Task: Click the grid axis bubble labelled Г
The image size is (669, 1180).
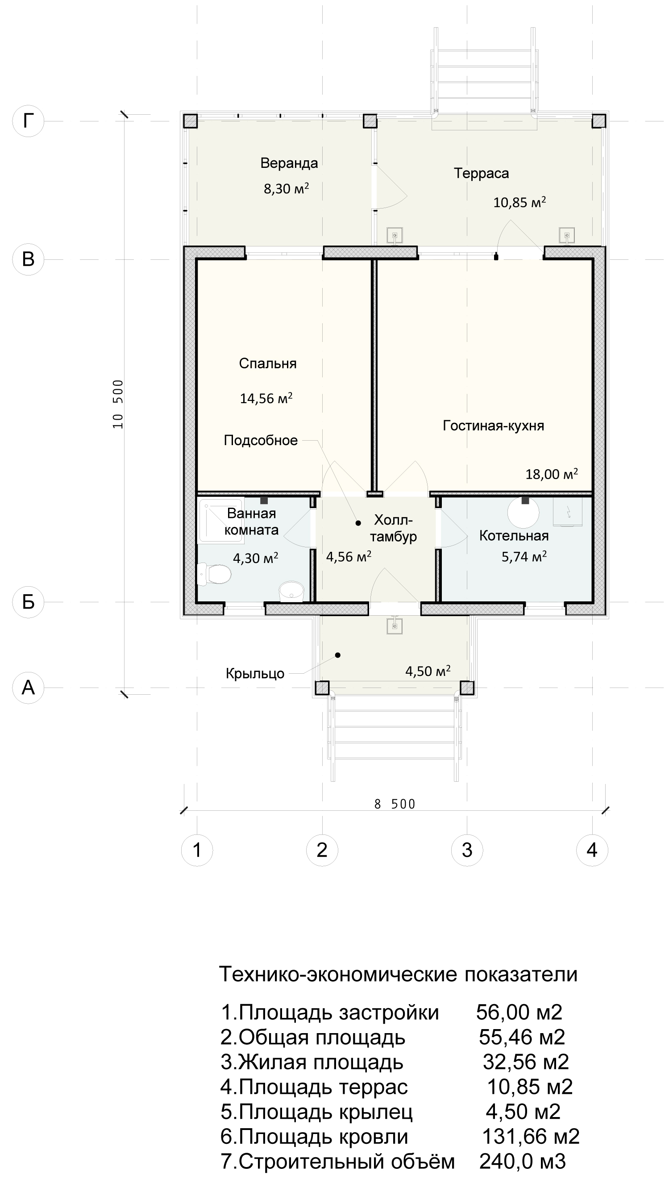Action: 28,121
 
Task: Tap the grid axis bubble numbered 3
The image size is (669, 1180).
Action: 467,850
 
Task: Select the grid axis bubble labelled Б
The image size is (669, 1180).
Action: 28,601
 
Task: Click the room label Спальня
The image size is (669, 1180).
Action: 267,363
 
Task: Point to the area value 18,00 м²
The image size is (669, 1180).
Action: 551,474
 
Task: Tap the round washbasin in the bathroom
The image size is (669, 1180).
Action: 291,592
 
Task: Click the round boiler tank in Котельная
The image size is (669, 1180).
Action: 524,513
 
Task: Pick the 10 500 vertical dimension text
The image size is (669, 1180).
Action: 119,404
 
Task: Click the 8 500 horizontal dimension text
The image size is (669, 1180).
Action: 395,804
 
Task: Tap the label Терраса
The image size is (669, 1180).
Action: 481,173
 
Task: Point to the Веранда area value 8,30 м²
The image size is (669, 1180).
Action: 286,188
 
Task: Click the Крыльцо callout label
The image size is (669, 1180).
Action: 255,674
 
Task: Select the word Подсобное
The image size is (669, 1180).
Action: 261,440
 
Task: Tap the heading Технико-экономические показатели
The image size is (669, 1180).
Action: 399,974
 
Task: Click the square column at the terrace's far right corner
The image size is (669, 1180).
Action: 598,121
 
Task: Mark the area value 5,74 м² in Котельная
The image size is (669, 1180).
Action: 524,557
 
